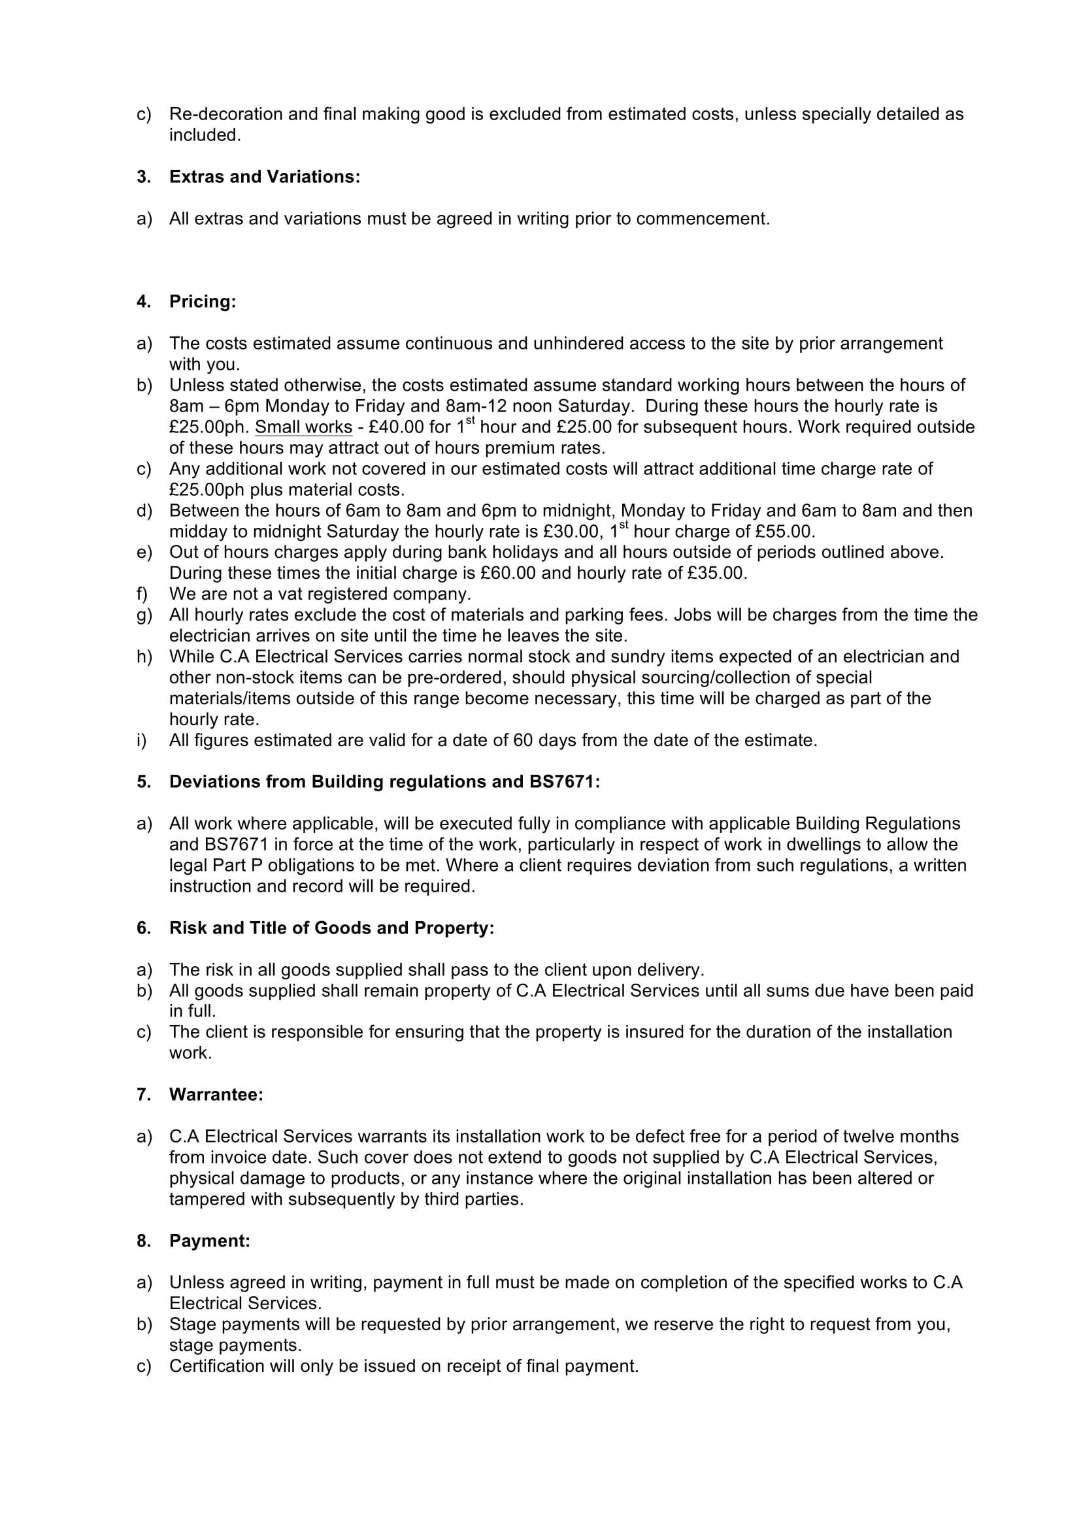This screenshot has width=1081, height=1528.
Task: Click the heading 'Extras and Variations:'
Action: pos(264,177)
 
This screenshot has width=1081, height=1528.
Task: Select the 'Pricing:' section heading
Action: pos(203,302)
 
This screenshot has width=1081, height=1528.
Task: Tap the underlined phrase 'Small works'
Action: pos(303,427)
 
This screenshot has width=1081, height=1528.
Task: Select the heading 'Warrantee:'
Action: pos(216,1095)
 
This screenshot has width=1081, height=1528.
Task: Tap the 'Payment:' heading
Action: pos(210,1241)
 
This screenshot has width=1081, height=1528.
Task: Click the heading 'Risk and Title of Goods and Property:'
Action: pos(331,928)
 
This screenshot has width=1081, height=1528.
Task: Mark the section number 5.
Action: pos(142,782)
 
